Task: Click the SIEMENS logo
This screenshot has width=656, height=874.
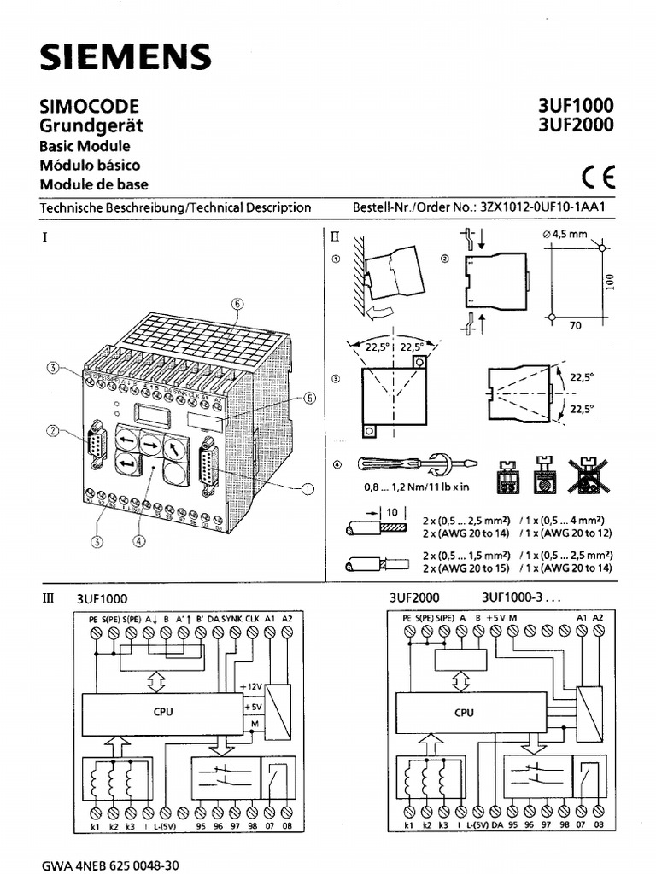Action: pos(125,57)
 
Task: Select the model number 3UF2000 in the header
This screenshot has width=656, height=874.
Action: pos(575,125)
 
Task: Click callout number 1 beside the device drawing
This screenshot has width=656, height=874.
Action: pos(307,488)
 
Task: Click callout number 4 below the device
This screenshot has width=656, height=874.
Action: pos(139,539)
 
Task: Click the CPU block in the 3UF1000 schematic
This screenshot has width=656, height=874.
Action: pos(162,711)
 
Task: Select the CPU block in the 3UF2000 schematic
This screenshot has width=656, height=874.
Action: pos(464,712)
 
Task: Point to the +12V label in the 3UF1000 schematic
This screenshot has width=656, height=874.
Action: pos(254,687)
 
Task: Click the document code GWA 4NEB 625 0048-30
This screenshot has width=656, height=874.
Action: pos(110,865)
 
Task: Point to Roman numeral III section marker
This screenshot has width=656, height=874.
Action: pos(48,598)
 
